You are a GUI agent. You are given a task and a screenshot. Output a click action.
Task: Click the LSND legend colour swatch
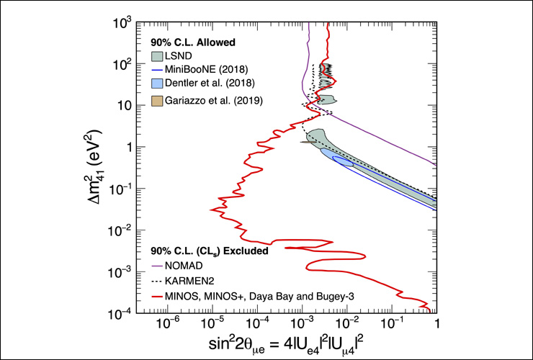[x=158, y=55]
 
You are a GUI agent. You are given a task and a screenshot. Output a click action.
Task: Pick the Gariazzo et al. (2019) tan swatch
[x=158, y=101]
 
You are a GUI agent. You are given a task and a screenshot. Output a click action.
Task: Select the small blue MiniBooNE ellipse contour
[x=342, y=161]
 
